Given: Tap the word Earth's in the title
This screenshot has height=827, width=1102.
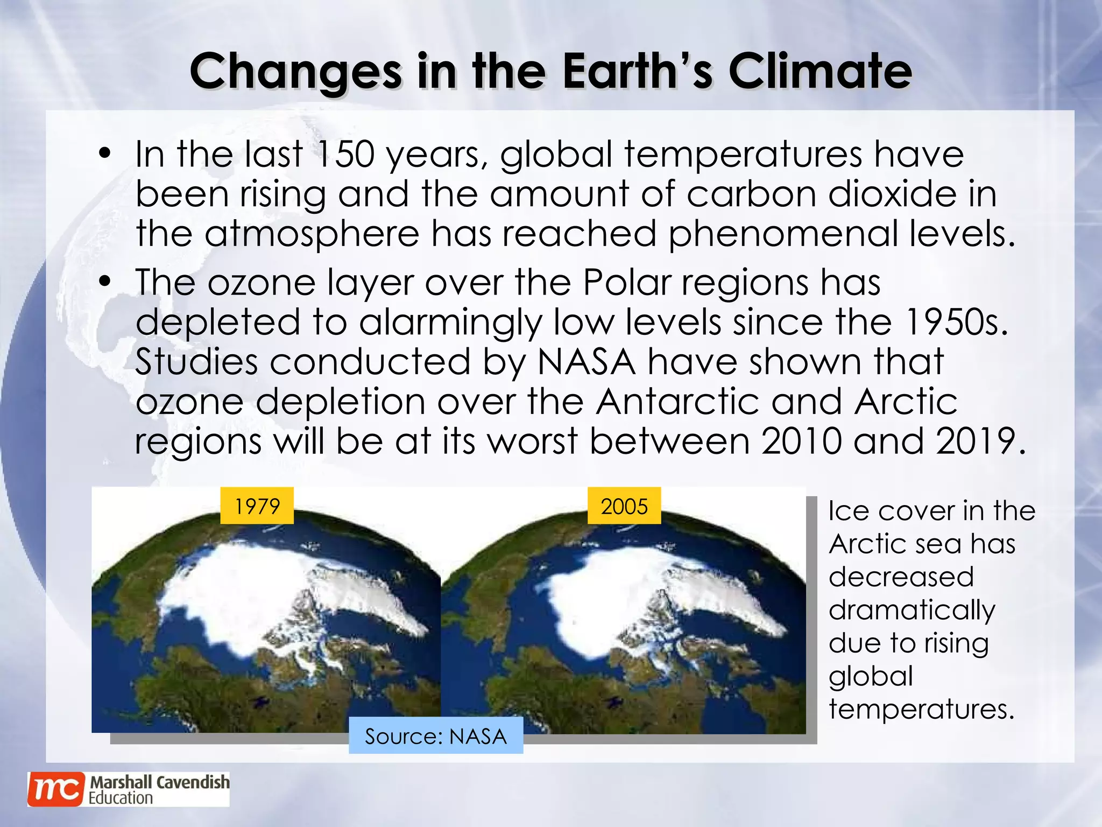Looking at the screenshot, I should click(638, 72).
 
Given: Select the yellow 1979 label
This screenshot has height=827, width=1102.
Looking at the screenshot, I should click(257, 506).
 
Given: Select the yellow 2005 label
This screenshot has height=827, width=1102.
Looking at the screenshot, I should click(624, 506).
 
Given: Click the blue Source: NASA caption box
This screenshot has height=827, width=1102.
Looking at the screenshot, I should click(436, 736).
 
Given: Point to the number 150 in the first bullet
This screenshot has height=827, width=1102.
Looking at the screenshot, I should click(345, 155).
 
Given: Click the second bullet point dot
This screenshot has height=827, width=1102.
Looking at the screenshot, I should click(105, 282).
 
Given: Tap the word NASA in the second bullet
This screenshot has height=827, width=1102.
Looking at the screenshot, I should click(586, 362).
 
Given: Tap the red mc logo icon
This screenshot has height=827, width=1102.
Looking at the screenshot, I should click(56, 789).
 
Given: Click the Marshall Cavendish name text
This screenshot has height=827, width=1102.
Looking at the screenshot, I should click(159, 782).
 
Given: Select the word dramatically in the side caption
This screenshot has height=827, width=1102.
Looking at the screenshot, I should click(912, 611).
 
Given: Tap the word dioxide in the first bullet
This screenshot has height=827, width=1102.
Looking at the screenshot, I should click(892, 194).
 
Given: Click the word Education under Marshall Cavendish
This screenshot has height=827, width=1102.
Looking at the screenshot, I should click(121, 798).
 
